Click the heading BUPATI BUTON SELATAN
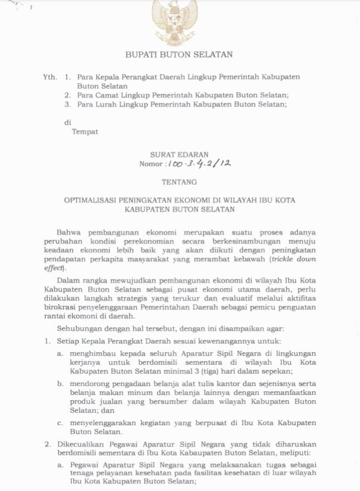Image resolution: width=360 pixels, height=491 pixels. pos(179,55)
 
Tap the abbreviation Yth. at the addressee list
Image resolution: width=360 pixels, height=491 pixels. pos(50,77)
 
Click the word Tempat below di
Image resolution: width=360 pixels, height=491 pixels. pos(85,132)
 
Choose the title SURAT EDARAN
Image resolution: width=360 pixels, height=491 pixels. pos(179,154)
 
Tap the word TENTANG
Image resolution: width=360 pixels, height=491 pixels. pos(179,182)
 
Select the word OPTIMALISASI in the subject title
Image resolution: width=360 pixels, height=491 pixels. pos(92,200)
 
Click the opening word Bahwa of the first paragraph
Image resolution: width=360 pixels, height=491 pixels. pos(69,232)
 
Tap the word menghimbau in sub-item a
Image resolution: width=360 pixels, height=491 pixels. pos(93,354)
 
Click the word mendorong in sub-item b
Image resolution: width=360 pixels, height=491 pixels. pos(91,384)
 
